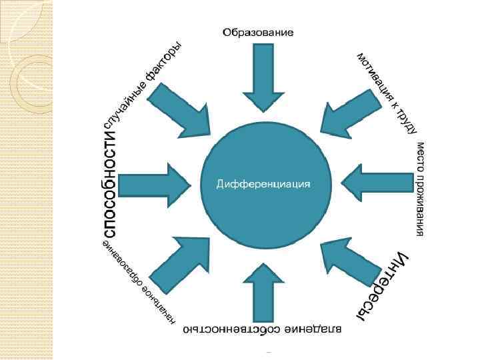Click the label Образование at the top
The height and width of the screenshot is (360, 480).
258,31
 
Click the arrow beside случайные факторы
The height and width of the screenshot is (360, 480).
180,109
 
